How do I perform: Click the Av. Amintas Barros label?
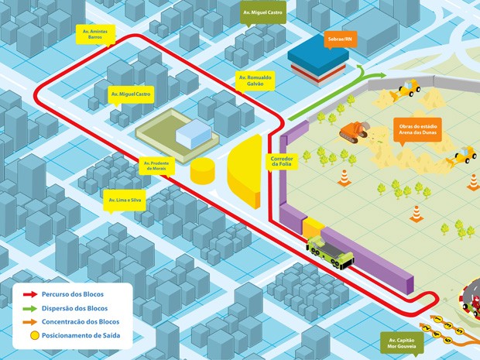coord(94,33)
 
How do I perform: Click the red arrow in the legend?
coord(30,295)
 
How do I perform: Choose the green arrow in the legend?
coord(30,308)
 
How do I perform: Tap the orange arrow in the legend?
coord(30,321)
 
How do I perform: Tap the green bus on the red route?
coord(331,252)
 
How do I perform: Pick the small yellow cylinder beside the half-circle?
coord(203,170)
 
